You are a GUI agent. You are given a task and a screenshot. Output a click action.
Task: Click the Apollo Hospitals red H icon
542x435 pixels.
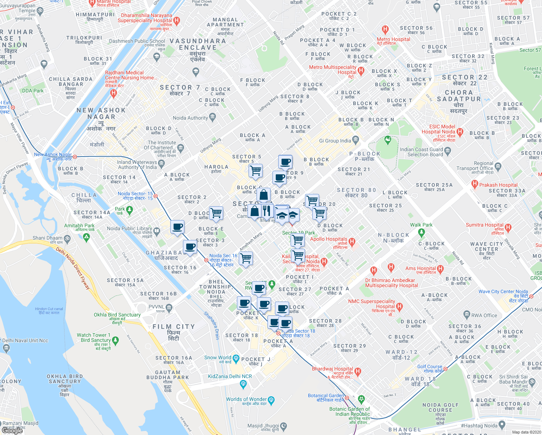click(352, 242)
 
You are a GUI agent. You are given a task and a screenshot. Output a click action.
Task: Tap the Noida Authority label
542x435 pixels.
click(190, 118)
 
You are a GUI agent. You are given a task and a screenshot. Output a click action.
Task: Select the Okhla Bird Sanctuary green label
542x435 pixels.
click(117, 315)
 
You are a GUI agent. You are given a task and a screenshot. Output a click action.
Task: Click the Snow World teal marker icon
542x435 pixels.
click(236, 359)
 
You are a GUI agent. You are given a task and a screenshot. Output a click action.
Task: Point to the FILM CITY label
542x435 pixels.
click(174, 327)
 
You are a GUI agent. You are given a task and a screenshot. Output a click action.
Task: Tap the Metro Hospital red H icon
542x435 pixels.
click(385, 30)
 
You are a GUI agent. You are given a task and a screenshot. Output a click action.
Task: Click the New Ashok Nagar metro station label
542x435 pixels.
click(53, 154)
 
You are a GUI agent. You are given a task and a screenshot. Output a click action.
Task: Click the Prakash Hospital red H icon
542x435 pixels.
click(475, 185)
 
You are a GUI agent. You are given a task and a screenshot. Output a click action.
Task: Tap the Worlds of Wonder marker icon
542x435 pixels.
click(271, 400)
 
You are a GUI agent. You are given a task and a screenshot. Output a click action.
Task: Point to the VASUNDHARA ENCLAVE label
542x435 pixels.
click(198, 44)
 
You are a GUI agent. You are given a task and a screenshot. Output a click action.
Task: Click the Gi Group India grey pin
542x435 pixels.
click(355, 140)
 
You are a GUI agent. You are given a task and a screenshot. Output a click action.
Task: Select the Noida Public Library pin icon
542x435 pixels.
click(157, 231)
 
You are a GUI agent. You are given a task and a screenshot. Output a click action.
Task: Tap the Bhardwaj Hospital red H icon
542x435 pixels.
click(358, 371)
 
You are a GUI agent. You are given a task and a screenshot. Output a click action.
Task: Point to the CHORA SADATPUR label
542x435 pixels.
click(459, 96)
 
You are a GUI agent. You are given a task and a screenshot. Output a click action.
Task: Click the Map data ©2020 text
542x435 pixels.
click(526, 432)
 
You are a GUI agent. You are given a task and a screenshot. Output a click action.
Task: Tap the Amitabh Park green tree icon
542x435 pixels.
click(86, 238)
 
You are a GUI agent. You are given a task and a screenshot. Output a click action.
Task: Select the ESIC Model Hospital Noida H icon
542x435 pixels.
click(460, 132)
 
